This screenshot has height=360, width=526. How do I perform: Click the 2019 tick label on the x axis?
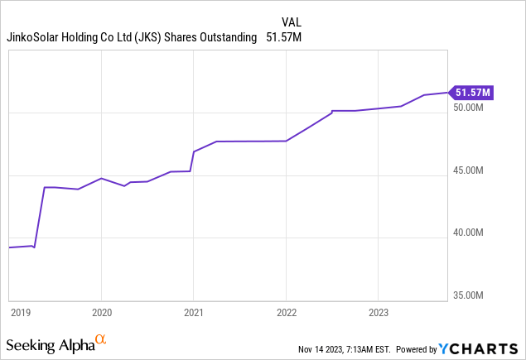click(x=21, y=313)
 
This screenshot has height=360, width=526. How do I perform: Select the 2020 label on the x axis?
click(x=101, y=313)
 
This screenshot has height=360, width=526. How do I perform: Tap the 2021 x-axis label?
click(x=193, y=313)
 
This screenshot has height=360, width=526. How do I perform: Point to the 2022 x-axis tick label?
click(x=286, y=313)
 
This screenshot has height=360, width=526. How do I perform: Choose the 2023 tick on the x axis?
click(x=378, y=313)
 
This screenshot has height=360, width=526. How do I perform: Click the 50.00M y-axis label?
click(x=469, y=108)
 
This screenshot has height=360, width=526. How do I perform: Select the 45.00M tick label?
click(x=469, y=171)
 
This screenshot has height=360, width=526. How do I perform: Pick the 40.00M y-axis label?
click(x=469, y=233)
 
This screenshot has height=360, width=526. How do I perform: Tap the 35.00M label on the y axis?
click(x=469, y=295)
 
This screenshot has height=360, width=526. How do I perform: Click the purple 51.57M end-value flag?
click(x=471, y=92)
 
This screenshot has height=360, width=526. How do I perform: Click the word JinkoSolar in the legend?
click(x=36, y=37)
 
